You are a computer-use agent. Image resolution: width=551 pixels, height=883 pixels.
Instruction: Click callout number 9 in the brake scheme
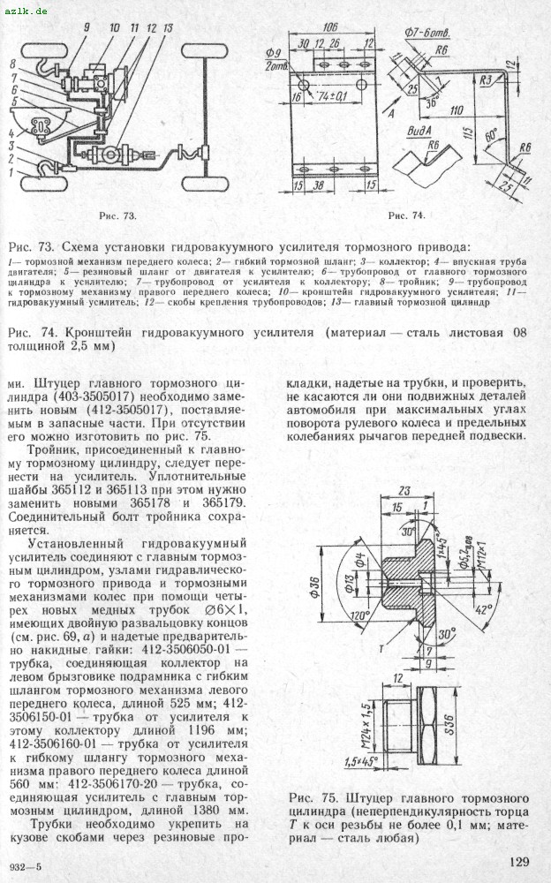87,28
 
